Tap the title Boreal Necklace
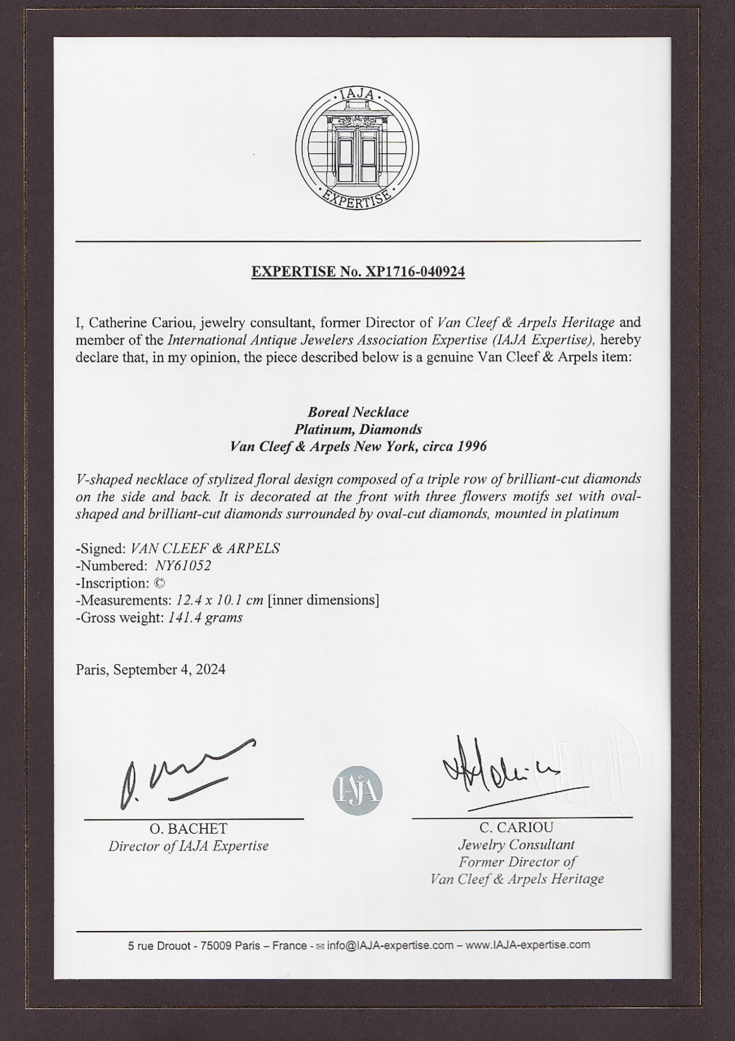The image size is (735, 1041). (x=358, y=412)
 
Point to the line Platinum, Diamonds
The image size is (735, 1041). (x=358, y=430)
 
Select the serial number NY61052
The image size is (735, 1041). (x=183, y=566)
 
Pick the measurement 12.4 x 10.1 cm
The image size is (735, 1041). (x=217, y=600)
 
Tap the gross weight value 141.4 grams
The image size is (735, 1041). (x=205, y=618)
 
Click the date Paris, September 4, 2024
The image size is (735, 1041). (x=150, y=670)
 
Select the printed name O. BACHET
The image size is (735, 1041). (x=188, y=829)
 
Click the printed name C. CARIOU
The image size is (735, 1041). (x=516, y=827)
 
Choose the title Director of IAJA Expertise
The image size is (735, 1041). (x=188, y=846)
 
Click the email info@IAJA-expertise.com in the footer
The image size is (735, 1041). (x=390, y=945)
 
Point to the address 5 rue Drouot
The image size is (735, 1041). (x=159, y=946)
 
